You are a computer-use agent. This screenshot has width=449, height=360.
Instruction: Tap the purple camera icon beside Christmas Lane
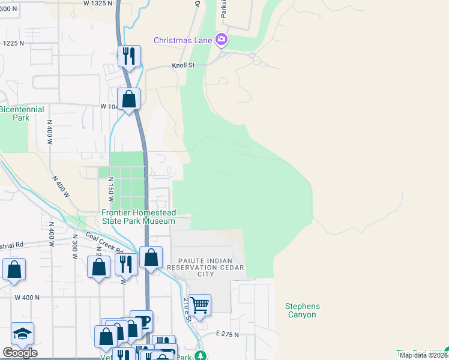pyautogui.click(x=221, y=40)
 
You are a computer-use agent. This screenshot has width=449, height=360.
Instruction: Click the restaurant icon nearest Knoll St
pyautogui.click(x=129, y=56)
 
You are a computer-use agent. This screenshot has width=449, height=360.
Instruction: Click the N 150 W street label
pyautogui.click(x=110, y=188)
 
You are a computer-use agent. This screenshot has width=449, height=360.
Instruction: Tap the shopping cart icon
pyautogui.click(x=199, y=304)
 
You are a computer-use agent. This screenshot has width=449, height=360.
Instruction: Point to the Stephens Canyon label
pyautogui.click(x=302, y=310)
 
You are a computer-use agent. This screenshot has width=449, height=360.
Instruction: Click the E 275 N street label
pyautogui.click(x=228, y=334)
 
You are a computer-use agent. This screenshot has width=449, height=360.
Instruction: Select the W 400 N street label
pyautogui.click(x=27, y=297)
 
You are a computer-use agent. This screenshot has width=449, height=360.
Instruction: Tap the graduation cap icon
pyautogui.click(x=22, y=333)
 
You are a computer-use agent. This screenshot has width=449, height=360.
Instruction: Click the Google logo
pyautogui.click(x=20, y=353)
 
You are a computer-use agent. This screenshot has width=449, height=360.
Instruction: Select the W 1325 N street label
pyautogui.click(x=98, y=4)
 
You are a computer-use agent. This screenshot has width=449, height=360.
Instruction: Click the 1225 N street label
pyautogui.click(x=13, y=43)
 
